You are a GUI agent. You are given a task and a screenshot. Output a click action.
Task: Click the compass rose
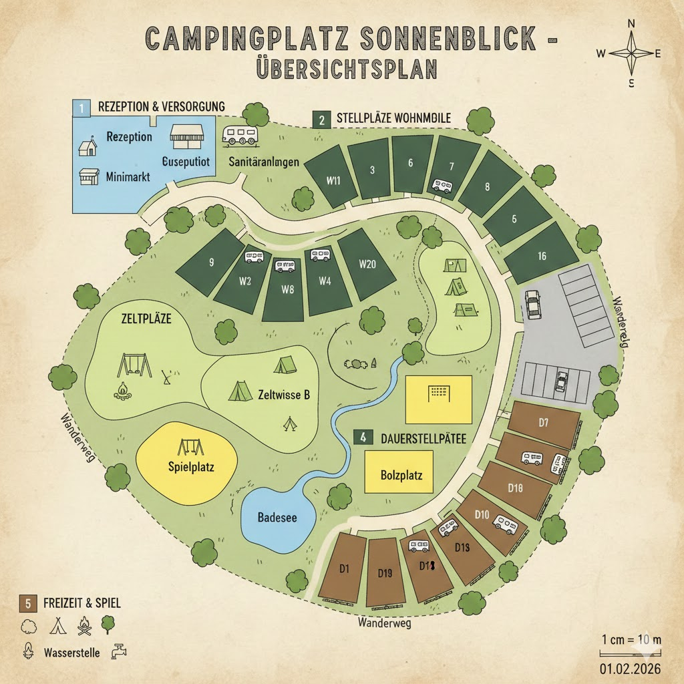click(631, 54)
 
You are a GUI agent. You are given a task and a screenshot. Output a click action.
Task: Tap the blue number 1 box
click(80, 107)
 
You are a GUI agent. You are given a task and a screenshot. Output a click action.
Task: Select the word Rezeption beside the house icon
click(129, 137)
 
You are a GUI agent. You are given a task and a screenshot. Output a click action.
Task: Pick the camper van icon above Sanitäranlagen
click(240, 136)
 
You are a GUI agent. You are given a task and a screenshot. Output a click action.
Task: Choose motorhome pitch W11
click(334, 179)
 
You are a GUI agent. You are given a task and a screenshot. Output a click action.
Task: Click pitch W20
click(367, 264)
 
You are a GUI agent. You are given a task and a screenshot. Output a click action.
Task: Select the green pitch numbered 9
click(211, 262)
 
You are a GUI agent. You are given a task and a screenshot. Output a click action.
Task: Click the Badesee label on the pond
click(277, 517)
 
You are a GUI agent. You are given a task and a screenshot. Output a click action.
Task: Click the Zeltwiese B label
click(283, 394)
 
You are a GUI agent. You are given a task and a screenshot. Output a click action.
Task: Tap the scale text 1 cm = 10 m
click(631, 639)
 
